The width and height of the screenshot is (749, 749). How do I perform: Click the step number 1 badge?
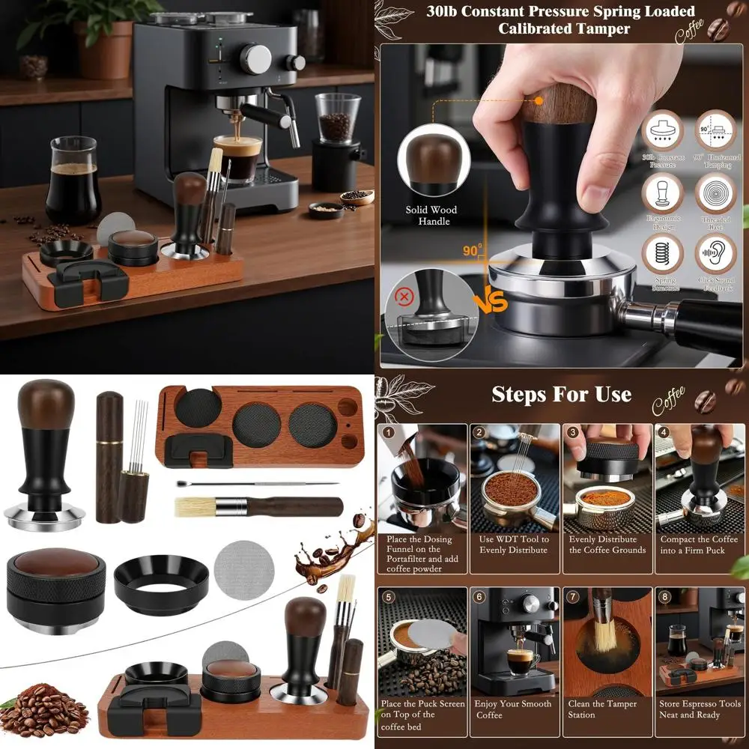click(x=388, y=432)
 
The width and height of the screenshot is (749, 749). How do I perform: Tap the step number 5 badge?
click(x=388, y=597)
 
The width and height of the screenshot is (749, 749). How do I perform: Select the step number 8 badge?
click(x=663, y=597)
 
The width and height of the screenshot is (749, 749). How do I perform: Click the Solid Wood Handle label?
click(x=431, y=216)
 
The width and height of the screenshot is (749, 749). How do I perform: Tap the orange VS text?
click(x=491, y=301)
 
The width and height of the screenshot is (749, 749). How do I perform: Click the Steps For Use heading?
click(x=561, y=395)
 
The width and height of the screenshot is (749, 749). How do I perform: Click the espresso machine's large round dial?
click(x=255, y=58)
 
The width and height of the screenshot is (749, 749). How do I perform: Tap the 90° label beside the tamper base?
click(x=471, y=251)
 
